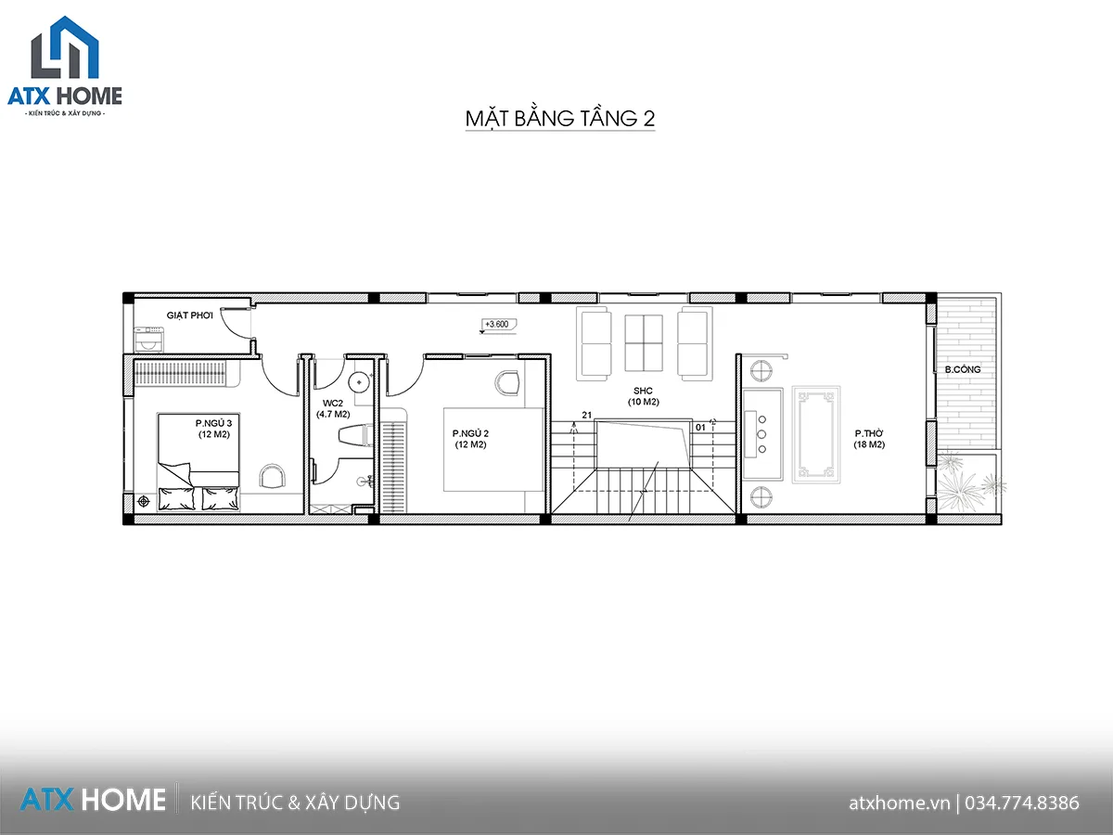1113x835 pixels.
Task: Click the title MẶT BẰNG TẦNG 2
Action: tap(560, 118)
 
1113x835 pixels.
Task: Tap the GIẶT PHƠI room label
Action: tap(189, 315)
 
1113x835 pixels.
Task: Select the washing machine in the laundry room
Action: tap(149, 340)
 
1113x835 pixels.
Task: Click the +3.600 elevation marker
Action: tap(498, 325)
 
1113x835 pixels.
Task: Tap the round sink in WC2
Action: tap(359, 382)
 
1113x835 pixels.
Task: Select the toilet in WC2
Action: tap(355, 436)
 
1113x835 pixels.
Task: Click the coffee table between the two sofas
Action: tap(644, 342)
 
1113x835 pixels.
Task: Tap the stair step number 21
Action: tap(587, 416)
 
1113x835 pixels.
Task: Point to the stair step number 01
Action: tap(700, 428)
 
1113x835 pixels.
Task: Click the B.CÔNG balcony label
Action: tap(963, 369)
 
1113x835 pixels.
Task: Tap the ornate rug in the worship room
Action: tap(816, 434)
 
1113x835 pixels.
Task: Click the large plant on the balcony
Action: tap(957, 484)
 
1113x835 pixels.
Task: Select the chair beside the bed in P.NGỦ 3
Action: tap(273, 476)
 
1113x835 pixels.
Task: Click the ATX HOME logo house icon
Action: tap(65, 47)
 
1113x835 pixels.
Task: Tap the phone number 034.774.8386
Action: tap(1022, 803)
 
